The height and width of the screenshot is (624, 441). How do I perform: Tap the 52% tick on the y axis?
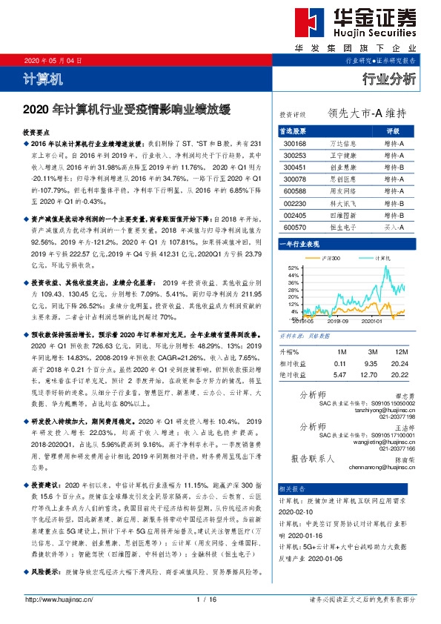(x=292, y=267)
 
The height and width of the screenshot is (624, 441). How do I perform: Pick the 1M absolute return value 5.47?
(x=340, y=375)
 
